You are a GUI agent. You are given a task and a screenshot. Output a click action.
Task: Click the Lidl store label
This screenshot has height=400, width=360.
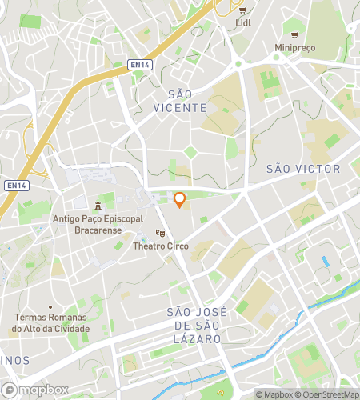click(243, 23)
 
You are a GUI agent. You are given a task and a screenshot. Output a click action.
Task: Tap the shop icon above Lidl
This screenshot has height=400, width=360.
click(243, 10)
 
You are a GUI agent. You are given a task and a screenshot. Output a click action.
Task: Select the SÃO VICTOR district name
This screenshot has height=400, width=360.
click(302, 169)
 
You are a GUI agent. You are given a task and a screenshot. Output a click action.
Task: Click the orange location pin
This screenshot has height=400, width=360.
click(180, 200)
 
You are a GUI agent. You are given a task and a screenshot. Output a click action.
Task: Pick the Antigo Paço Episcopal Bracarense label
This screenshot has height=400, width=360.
click(98, 223)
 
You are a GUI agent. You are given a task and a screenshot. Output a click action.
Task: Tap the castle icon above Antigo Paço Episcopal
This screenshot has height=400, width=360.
click(98, 206)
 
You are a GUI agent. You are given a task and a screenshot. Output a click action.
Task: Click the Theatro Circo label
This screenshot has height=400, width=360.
click(161, 246)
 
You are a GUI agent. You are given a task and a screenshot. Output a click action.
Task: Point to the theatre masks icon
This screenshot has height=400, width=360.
click(161, 233)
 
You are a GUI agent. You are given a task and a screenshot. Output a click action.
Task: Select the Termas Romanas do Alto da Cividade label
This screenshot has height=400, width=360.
click(51, 323)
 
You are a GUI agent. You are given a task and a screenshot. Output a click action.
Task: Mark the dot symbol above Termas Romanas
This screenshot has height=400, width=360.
click(51, 307)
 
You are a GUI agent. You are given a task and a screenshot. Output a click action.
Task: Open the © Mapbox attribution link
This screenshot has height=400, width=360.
click(274, 394)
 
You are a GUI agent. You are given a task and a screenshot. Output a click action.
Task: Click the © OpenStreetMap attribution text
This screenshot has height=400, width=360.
click(327, 394)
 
